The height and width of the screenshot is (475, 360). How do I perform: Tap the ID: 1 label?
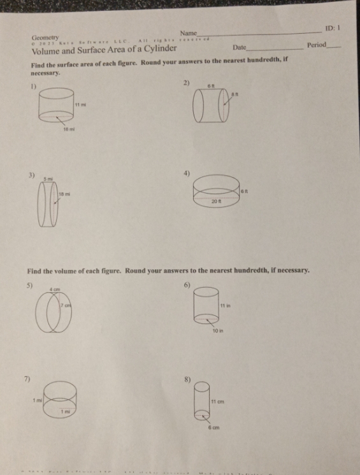coord(333,29)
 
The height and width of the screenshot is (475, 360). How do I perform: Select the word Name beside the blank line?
coord(189,33)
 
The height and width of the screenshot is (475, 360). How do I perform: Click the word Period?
coord(316,45)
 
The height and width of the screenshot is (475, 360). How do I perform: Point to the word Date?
coord(240,48)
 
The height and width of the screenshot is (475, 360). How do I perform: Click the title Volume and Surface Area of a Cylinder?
coord(104,48)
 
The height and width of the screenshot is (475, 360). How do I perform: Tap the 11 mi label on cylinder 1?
coord(79,104)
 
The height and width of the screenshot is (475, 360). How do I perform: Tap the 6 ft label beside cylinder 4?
coord(245,190)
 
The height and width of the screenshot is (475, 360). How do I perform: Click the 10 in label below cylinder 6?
coord(219,331)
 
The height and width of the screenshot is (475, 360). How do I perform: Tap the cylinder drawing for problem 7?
coord(61,400)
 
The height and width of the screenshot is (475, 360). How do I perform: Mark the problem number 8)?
coord(187,379)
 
